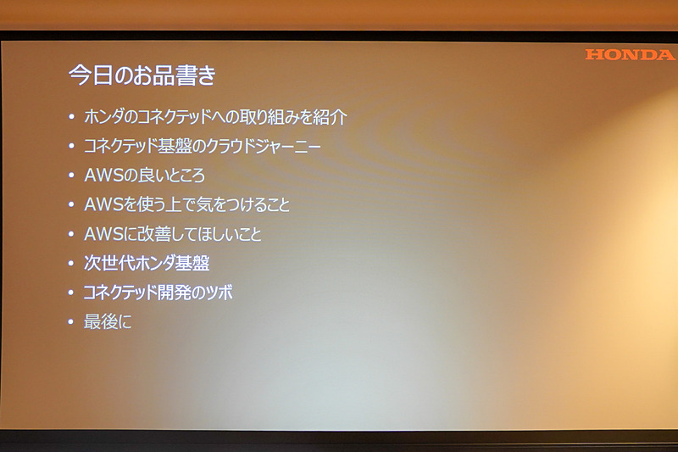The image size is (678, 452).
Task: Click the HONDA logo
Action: coord(629,54)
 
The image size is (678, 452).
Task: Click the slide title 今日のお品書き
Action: coord(142,75)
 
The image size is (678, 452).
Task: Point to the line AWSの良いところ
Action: coord(144,176)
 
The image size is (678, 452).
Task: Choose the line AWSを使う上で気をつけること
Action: coord(187,204)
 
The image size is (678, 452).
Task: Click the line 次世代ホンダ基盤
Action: coord(147,264)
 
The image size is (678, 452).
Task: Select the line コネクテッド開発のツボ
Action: coord(158,293)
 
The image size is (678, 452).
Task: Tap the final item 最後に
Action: coord(108,322)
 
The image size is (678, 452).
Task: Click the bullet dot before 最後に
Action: coord(72,323)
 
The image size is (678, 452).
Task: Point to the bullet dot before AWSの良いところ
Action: coord(72,176)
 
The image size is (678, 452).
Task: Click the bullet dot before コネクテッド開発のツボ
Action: coord(72,293)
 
